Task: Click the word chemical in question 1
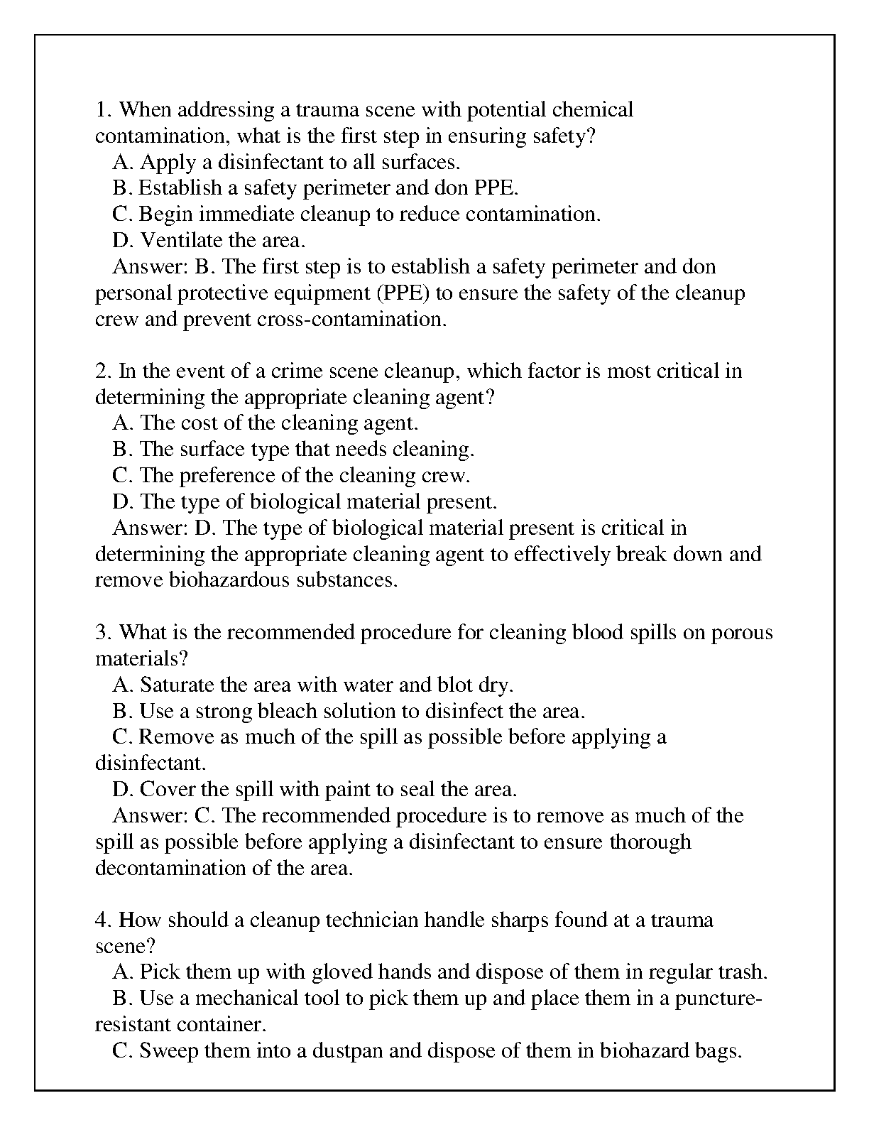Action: pos(592,110)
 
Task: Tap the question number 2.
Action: pos(102,371)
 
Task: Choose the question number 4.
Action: pos(102,920)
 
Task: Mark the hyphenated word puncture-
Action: pos(718,999)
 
